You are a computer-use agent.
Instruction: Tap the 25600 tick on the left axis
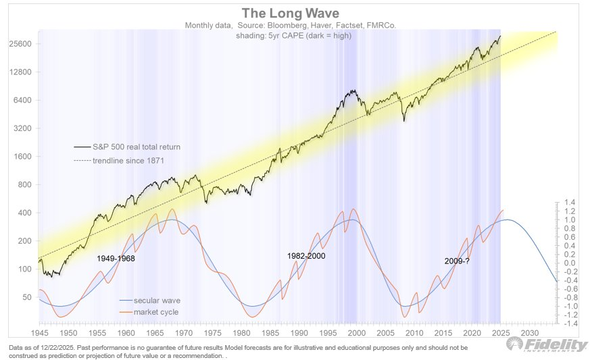point(21,44)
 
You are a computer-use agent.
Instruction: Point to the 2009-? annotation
point(457,261)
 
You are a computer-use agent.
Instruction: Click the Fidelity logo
point(547,344)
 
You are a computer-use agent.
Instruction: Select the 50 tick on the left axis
point(26,297)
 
